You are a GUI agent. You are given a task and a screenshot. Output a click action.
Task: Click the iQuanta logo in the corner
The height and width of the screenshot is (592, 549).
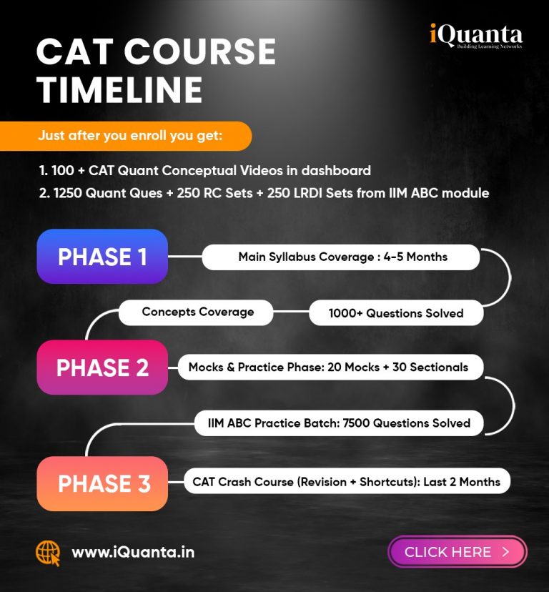pyautogui.click(x=476, y=36)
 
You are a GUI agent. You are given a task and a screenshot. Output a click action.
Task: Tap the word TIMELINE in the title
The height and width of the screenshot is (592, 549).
pyautogui.click(x=119, y=89)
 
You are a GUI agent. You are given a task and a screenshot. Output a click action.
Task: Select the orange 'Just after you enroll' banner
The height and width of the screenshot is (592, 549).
pyautogui.click(x=126, y=136)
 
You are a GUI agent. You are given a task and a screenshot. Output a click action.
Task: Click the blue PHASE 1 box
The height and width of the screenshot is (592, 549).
pyautogui.click(x=102, y=257)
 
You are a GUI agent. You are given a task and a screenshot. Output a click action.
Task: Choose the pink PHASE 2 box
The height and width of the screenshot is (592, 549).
pyautogui.click(x=102, y=367)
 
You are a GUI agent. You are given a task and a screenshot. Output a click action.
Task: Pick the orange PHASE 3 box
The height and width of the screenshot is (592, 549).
pyautogui.click(x=102, y=483)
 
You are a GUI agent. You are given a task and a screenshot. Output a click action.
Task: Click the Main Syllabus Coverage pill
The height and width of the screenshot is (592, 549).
pyautogui.click(x=341, y=257)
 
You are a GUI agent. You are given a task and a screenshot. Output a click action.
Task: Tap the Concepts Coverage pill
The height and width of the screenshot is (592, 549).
pyautogui.click(x=196, y=312)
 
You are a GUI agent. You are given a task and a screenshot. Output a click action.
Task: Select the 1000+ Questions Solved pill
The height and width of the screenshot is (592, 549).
pyautogui.click(x=396, y=313)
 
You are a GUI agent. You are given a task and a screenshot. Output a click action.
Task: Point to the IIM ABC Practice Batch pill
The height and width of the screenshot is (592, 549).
pyautogui.click(x=339, y=423)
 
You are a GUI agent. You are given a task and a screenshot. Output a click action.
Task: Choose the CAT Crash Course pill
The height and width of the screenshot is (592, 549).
pyautogui.click(x=347, y=481)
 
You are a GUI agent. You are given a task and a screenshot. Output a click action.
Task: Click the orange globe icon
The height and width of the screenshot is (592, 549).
pyautogui.click(x=48, y=553)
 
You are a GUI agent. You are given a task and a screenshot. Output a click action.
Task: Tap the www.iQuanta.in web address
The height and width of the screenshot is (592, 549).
pyautogui.click(x=133, y=553)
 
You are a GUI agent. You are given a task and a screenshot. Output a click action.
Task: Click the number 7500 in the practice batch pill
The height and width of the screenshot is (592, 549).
pyautogui.click(x=356, y=423)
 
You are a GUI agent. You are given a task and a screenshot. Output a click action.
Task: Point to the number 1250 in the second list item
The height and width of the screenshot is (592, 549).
pyautogui.click(x=68, y=193)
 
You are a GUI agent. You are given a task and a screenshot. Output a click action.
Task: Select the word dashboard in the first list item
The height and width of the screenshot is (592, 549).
pyautogui.click(x=336, y=171)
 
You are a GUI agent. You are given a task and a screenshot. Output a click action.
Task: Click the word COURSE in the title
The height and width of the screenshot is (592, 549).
pyautogui.click(x=200, y=51)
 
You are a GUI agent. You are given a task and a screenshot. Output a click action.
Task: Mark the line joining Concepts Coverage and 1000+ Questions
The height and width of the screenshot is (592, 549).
pyautogui.click(x=291, y=312)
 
